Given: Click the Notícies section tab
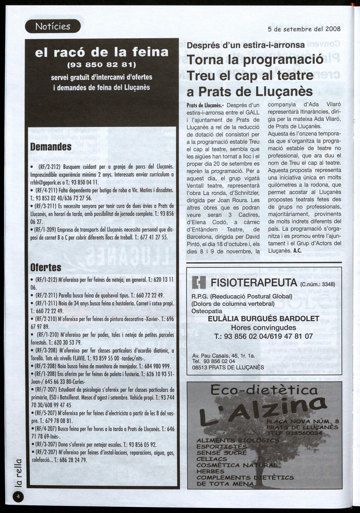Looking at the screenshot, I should (53, 26).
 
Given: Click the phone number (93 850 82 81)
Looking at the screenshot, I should (101, 64).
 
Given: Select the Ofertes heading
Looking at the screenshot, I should (46, 267).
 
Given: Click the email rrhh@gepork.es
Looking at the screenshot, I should (49, 183).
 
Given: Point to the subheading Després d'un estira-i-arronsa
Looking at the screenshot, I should (246, 45).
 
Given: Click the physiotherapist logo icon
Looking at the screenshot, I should (199, 282).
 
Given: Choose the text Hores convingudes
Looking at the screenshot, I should (263, 328).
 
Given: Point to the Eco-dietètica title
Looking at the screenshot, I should (264, 390).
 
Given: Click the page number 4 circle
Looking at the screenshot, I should (18, 497).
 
